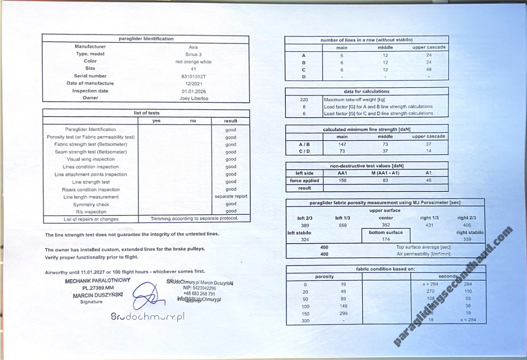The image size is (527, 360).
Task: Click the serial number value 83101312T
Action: tap(193, 76)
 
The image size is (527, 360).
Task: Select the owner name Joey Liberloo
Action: tap(194, 98)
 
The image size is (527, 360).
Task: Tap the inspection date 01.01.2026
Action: tap(194, 91)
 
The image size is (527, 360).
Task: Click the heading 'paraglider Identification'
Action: tap(146, 39)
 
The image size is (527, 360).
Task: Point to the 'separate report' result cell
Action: tap(231, 196)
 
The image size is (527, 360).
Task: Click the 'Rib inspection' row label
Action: tap(91, 212)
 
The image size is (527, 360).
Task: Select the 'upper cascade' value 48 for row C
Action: tap(428, 70)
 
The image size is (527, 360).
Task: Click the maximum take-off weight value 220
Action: tap(304, 100)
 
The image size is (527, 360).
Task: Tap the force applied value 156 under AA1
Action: tap(342, 181)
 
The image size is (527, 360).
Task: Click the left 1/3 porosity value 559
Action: tap(343, 225)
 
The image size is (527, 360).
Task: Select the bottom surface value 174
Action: tap(386, 240)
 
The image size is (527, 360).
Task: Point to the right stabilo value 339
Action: tap(467, 240)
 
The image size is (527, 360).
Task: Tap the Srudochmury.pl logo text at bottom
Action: tap(147, 317)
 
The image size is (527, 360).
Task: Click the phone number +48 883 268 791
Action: tap(199, 294)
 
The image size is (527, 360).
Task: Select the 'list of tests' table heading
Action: tap(147, 113)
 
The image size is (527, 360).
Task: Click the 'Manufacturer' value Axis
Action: tap(193, 47)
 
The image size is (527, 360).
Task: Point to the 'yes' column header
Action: tap(156, 121)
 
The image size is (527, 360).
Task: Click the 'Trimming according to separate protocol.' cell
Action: tap(194, 219)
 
